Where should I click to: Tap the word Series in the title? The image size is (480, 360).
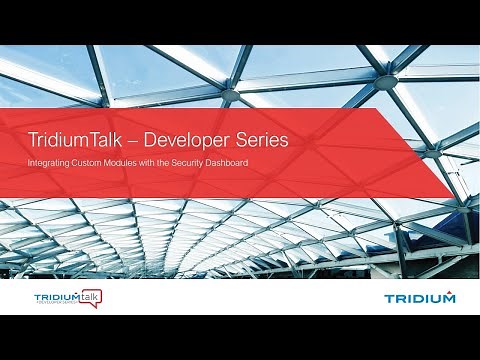click(x=260, y=141)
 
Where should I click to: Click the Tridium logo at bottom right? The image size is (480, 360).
click(x=420, y=297)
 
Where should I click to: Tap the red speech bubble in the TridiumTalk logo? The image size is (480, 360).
click(x=91, y=296)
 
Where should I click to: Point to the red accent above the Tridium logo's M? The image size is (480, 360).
click(x=449, y=291)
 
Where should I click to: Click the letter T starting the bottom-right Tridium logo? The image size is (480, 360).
click(x=388, y=298)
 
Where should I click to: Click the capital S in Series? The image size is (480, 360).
click(x=239, y=141)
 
